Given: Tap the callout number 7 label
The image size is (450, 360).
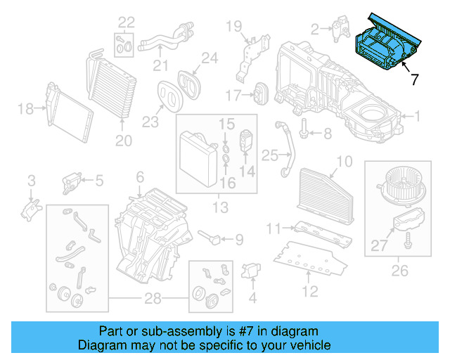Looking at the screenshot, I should [x=414, y=80].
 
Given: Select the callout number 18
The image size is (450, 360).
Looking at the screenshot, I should [x=25, y=108].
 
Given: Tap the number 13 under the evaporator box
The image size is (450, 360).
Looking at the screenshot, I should [x=221, y=207].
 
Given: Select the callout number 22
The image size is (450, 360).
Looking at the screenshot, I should [x=126, y=21].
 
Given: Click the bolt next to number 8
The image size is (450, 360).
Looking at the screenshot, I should [x=304, y=131].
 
